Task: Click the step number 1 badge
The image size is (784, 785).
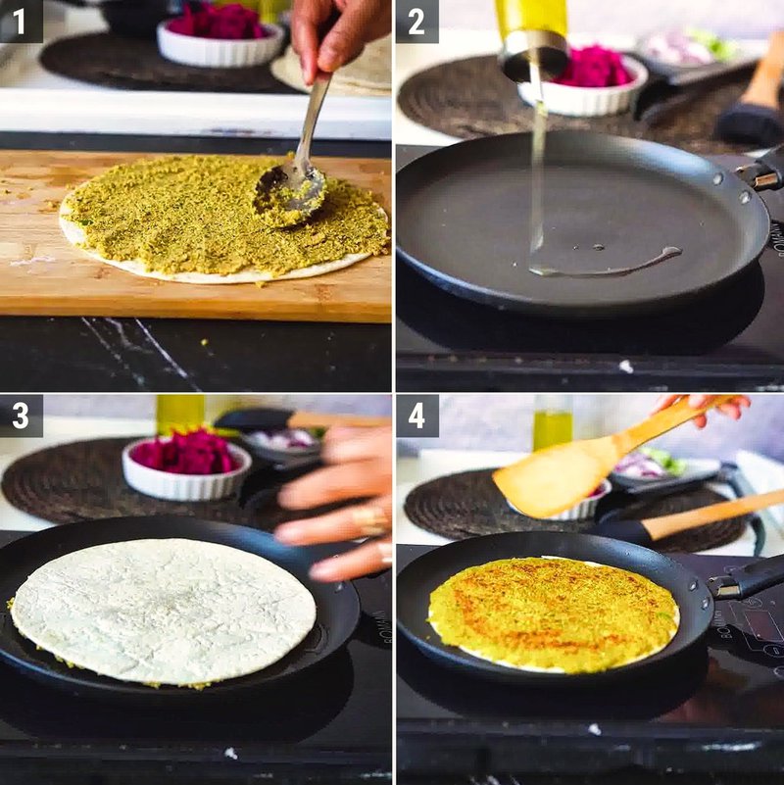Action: [21, 21]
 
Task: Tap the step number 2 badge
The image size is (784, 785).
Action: [416, 21]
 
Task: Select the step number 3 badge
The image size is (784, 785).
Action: [21, 416]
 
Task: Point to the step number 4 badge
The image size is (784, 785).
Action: [416, 416]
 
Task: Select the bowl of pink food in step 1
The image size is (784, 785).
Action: [220, 35]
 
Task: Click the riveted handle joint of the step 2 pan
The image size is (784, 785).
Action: [750, 173]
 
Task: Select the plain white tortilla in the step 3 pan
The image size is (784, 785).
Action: [163, 610]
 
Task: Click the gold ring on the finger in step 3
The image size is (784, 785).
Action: [370, 519]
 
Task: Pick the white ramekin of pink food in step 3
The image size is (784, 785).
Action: [186, 466]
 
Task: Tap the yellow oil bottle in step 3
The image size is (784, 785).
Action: [180, 414]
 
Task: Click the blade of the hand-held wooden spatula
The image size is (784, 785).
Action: [554, 475]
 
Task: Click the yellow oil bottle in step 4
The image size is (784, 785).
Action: [552, 424]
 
